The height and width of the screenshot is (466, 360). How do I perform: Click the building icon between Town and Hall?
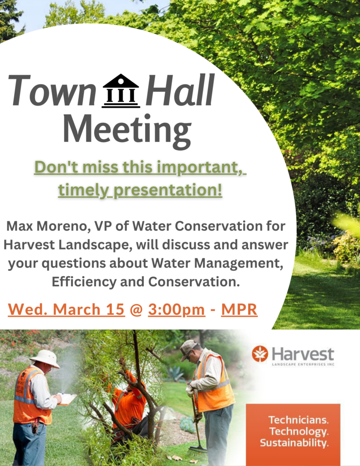[x=121, y=91]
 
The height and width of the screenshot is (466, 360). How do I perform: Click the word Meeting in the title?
[x=127, y=130]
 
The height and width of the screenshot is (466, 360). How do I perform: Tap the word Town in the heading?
[x=51, y=90]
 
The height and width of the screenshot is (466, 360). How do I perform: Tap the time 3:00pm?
[x=177, y=309]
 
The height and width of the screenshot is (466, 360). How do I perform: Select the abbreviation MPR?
[x=239, y=309]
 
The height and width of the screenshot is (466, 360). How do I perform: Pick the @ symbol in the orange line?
[x=137, y=310]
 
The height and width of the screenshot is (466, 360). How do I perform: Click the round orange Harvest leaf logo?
[x=260, y=354]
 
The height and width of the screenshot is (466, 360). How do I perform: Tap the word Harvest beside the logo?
[x=303, y=354]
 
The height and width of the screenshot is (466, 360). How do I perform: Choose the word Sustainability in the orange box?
[x=294, y=443]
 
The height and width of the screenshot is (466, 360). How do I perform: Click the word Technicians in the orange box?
[x=299, y=420]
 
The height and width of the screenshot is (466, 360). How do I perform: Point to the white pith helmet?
[x=45, y=358]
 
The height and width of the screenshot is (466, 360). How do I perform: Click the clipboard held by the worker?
[x=66, y=398]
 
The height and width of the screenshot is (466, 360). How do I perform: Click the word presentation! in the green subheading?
[x=168, y=190]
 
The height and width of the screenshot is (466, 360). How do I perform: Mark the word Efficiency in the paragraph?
[x=84, y=282]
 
